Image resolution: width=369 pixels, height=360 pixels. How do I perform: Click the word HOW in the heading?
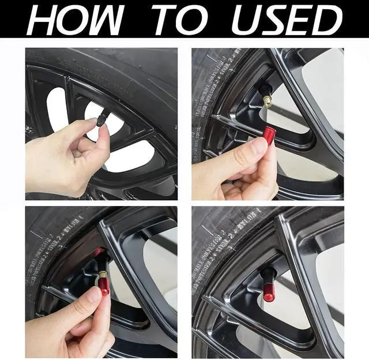pyautogui.click(x=76, y=20)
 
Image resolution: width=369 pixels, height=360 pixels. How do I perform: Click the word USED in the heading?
pyautogui.click(x=287, y=20)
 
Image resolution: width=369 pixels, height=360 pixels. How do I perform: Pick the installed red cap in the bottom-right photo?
pyautogui.click(x=269, y=292)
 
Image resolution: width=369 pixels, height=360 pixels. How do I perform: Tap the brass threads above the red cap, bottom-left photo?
pyautogui.click(x=103, y=273)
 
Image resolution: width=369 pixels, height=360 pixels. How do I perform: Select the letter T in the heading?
pyautogui.click(x=165, y=20)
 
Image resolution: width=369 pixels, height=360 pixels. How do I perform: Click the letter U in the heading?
pyautogui.click(x=246, y=21)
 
